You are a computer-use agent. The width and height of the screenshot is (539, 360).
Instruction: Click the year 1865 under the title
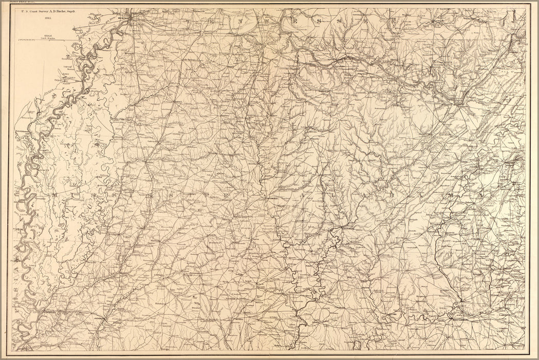[48, 17]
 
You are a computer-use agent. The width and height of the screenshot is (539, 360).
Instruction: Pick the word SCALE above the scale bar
[48, 35]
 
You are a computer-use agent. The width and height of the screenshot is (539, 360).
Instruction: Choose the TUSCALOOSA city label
[350, 229]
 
